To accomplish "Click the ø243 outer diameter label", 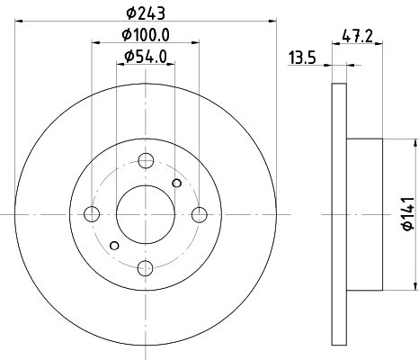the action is (146, 13).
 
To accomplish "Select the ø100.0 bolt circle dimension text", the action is (146, 35).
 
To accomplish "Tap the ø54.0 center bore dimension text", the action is (146, 57).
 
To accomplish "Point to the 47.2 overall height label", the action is (357, 37).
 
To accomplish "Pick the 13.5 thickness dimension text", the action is (302, 58).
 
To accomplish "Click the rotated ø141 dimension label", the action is (409, 214).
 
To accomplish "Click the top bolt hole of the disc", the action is (146, 160).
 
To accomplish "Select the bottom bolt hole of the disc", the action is (146, 268).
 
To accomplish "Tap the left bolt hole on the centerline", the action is (92, 214).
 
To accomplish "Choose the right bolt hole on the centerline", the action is (200, 214).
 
